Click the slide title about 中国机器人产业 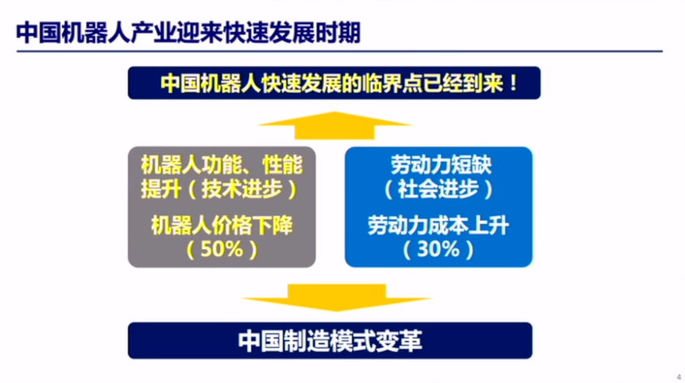pyautogui.click(x=188, y=33)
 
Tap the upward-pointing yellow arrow pyautogui.click(x=334, y=125)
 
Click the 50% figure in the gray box pyautogui.click(x=222, y=248)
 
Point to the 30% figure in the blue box pyautogui.click(x=438, y=248)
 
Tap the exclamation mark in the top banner pyautogui.click(x=512, y=82)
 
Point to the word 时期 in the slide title pyautogui.click(x=342, y=33)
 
